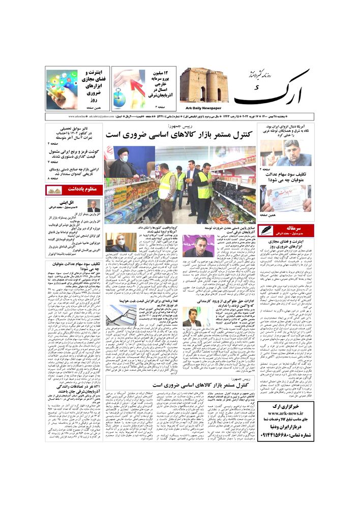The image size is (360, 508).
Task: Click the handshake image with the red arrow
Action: [129, 88]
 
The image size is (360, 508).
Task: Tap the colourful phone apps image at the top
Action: [62, 89]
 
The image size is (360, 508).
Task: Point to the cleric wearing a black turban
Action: [125, 163]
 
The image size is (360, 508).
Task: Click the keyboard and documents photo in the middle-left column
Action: [121, 315]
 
